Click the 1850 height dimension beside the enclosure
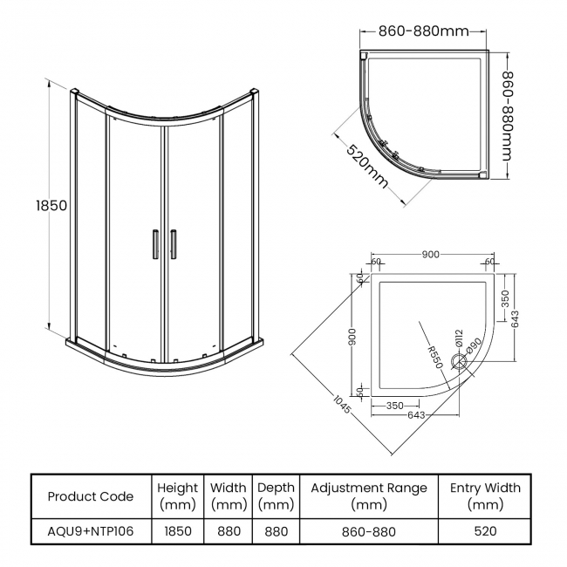click(x=51, y=207)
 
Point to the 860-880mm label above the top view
click(x=424, y=31)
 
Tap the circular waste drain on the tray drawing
click(x=459, y=359)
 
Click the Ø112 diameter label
click(x=458, y=338)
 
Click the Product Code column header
click(x=91, y=496)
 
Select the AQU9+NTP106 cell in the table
click(x=91, y=530)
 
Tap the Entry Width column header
click(x=485, y=496)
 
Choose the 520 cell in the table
click(x=485, y=530)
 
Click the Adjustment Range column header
click(x=369, y=496)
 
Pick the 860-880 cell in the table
click(x=369, y=530)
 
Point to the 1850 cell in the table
click(x=177, y=530)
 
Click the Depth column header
click(x=276, y=496)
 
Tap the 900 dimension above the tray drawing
click(x=430, y=255)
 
